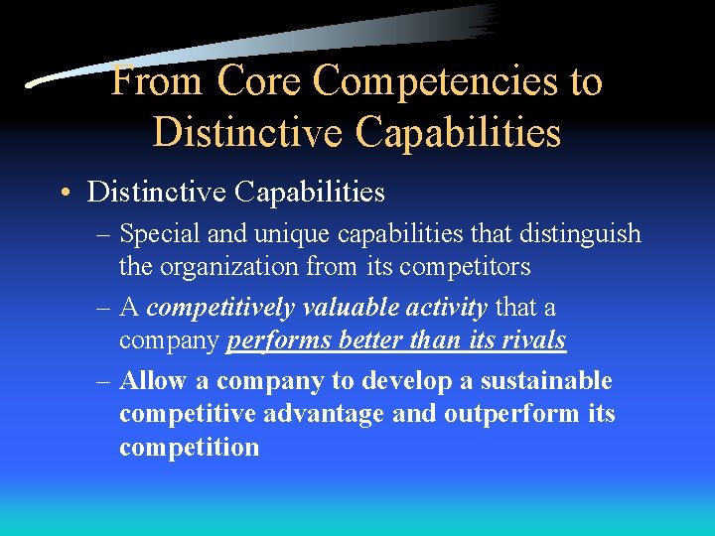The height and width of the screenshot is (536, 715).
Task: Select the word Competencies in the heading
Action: click(x=435, y=81)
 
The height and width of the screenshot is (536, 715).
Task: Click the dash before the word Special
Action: click(x=105, y=235)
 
